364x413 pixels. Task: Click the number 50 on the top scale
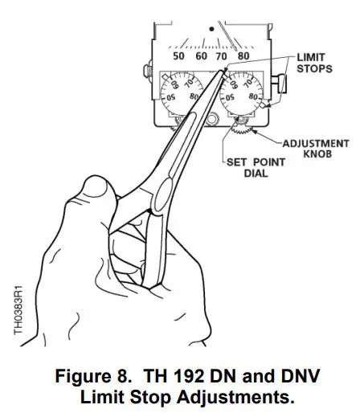(178, 56)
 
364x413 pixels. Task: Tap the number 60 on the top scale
(199, 56)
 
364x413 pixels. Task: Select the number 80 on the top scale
(242, 56)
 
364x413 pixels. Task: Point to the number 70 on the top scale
(221, 56)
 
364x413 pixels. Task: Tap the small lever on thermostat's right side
(282, 83)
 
